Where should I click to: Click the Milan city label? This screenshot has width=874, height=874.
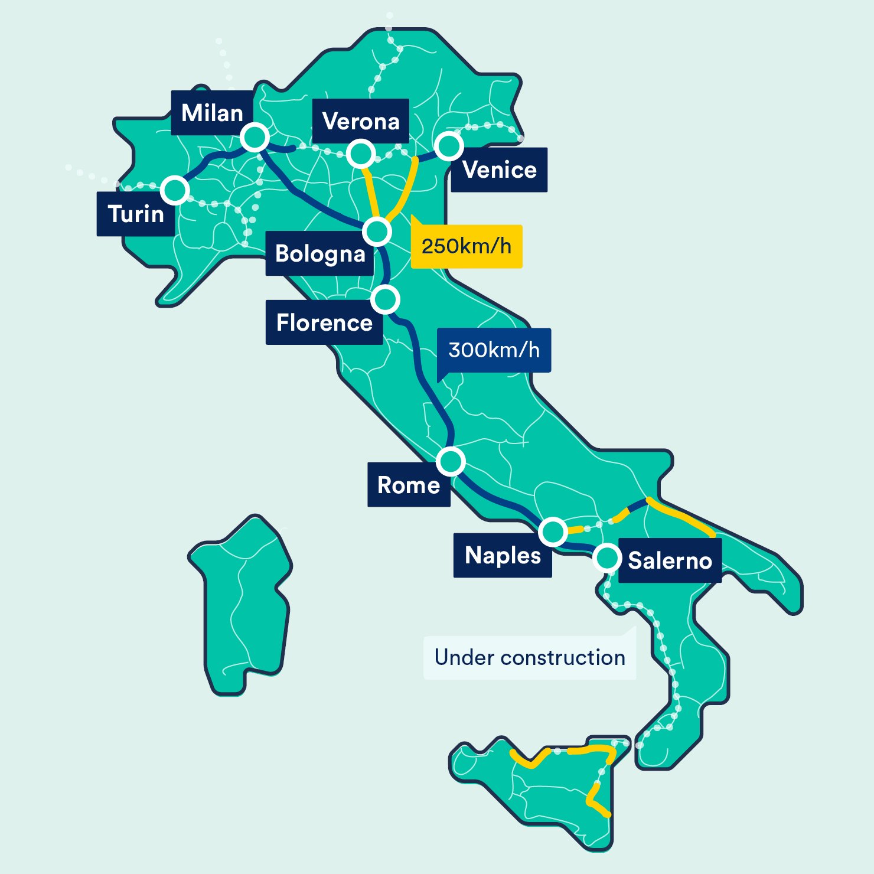212,113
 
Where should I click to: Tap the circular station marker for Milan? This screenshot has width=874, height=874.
255,138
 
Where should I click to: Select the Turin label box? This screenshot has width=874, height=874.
136,214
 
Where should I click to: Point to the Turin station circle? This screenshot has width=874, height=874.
175,190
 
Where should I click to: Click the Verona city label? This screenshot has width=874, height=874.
361,121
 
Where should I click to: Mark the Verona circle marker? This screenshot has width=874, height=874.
361,154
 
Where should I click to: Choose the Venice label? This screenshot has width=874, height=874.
500,170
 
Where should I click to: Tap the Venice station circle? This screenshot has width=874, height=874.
449,145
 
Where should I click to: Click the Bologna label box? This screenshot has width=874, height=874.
319,254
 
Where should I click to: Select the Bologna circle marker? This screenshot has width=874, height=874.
377,231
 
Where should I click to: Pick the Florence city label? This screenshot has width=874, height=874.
324,322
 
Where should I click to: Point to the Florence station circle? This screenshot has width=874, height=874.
386,299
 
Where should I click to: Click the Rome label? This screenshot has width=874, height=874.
409,485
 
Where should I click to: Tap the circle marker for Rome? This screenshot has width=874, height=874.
451,461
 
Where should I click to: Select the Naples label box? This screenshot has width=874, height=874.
503,555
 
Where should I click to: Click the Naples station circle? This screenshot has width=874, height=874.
553,531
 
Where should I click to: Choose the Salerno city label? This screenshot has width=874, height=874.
670,560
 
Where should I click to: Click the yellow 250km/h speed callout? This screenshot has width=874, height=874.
467,246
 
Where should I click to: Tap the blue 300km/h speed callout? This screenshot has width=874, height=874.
494,350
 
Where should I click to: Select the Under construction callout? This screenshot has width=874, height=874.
530,657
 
